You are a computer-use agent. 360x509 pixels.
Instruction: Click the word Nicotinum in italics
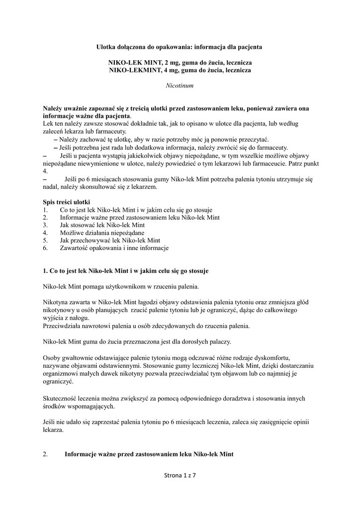pos(180,85)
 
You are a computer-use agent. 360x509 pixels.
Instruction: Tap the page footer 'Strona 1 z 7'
pos(180,475)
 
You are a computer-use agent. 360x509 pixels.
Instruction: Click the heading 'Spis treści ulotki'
pos(67,202)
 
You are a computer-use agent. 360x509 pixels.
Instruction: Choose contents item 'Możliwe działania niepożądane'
pos(102,233)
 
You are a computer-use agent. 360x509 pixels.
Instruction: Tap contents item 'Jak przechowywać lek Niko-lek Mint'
pos(106,240)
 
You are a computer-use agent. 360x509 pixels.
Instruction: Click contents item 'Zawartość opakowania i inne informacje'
pos(114,248)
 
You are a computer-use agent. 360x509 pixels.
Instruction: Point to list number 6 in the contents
pos(45,248)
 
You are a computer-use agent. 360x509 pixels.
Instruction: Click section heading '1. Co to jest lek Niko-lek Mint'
pos(126,271)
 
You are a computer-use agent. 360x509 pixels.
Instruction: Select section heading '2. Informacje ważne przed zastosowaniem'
pos(149,454)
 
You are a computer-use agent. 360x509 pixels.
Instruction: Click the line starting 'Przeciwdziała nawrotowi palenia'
pos(146,326)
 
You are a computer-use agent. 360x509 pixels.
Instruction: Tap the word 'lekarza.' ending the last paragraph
pos(54,431)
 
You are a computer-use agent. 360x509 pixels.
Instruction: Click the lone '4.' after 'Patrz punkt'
pos(46,170)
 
